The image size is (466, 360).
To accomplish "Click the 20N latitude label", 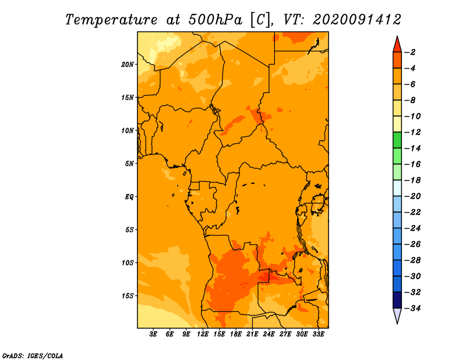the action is (x=128, y=65).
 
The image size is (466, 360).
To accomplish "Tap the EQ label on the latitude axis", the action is (x=129, y=197).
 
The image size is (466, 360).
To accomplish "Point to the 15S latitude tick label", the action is (x=128, y=296).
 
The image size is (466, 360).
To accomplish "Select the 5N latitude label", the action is (x=129, y=164).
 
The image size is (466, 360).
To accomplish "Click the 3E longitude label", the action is (x=153, y=334).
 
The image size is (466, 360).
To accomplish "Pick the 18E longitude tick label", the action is (x=236, y=334).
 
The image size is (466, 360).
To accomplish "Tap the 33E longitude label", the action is (x=318, y=334).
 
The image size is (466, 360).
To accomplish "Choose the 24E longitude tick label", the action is (x=269, y=334).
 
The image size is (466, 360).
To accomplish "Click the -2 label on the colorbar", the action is (x=410, y=52).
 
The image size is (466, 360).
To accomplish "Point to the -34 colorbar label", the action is (x=412, y=308).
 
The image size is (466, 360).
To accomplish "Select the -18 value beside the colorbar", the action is (x=412, y=181).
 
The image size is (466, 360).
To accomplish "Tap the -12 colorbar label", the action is (x=412, y=132).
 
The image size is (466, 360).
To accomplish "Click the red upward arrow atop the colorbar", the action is (x=397, y=45).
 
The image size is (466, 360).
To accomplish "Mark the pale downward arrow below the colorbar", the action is (x=397, y=315).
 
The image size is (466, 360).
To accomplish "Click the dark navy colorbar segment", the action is (x=397, y=300).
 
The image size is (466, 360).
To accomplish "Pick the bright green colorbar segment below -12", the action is (x=397, y=140).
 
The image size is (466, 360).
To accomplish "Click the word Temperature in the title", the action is (x=111, y=20).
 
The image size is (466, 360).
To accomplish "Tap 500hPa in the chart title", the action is (x=216, y=20).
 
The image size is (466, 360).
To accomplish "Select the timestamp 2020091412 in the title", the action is (x=356, y=20).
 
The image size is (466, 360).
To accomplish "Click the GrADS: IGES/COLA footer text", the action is (x=33, y=356).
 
